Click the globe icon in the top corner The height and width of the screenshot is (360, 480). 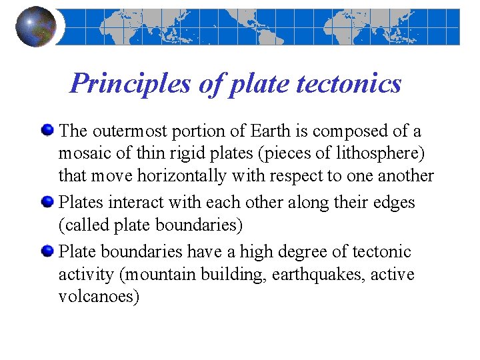36,27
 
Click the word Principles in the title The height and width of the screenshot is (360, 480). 112,83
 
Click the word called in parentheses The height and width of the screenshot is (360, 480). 85,225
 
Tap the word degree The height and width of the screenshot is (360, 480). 295,252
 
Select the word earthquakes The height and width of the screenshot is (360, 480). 312,275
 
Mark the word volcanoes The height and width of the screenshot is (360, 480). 99,297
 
